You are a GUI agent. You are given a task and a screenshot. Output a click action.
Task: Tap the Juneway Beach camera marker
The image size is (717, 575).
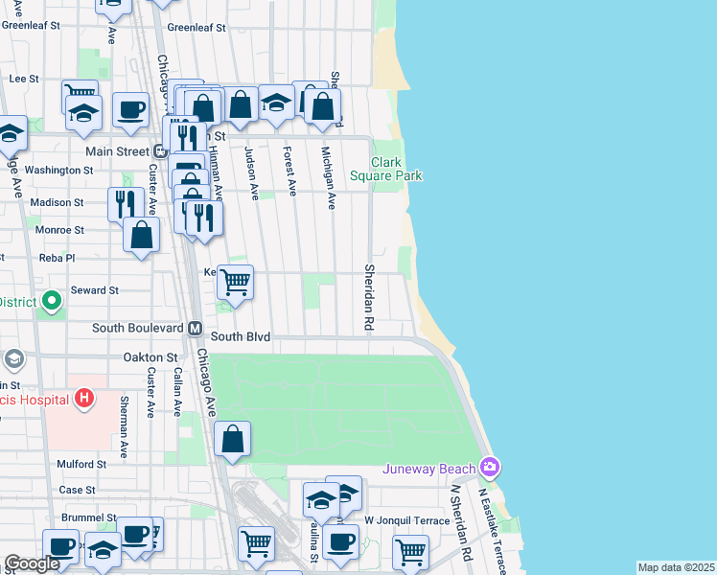tap(491, 468)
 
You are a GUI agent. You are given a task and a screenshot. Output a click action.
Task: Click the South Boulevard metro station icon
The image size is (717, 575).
tap(195, 328)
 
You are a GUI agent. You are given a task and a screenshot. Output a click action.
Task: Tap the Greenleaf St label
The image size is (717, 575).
tap(196, 27)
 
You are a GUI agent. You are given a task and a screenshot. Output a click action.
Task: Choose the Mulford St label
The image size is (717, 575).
tap(81, 464)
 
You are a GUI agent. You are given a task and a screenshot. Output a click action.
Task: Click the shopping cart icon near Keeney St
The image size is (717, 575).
tap(235, 283)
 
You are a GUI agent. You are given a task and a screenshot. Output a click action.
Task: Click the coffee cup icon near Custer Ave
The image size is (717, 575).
tap(130, 109)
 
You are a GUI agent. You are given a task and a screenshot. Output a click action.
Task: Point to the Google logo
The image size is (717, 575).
tap(33, 564)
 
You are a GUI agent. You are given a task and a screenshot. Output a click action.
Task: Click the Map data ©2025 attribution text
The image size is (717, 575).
tap(676, 567)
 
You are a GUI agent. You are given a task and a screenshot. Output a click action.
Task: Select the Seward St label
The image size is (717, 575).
tap(94, 289)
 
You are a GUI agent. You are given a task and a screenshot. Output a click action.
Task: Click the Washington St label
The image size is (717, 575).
tap(58, 170)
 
